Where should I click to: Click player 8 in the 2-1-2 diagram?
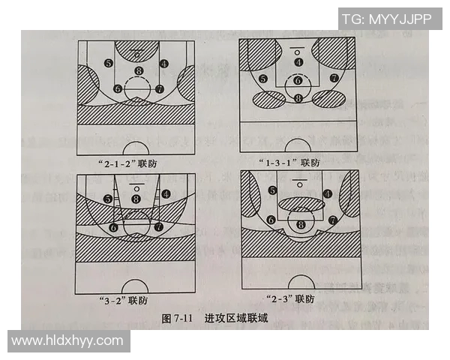coord(138,71)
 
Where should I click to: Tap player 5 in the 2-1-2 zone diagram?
coord(109,64)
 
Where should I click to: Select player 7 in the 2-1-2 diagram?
coord(159,88)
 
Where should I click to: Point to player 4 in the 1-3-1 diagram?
coord(298,62)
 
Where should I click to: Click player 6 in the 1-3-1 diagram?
coord(298,81)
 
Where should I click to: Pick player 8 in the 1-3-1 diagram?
coord(298,97)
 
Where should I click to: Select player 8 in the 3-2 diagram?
coord(136,199)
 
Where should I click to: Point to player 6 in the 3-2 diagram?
coord(114,226)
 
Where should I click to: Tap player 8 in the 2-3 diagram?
coord(301,223)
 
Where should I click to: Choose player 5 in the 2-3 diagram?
coord(272,190)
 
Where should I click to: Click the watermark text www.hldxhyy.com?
coord(67,340)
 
